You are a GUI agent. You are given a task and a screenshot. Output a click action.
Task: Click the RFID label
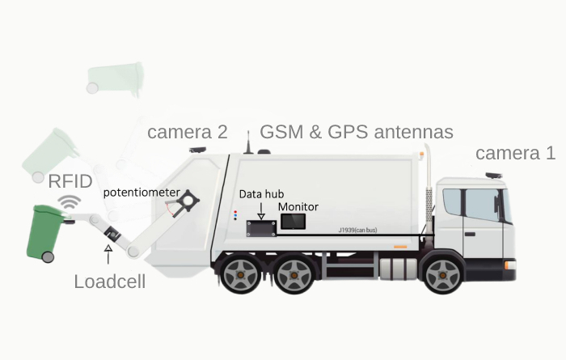click(x=70, y=181)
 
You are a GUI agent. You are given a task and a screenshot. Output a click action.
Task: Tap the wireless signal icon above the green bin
click(x=70, y=202)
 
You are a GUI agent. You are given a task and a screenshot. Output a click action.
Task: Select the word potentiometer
click(x=141, y=193)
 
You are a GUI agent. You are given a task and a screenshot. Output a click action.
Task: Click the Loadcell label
click(x=110, y=282)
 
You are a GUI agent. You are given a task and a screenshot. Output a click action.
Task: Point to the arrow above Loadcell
click(x=108, y=254)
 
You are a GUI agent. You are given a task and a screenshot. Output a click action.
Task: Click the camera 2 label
click(x=188, y=132)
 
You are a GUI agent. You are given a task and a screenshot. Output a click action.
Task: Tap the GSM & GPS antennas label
click(x=357, y=132)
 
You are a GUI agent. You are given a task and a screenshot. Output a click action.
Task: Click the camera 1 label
click(x=515, y=153)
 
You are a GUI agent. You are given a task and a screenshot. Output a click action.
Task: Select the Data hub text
click(x=261, y=194)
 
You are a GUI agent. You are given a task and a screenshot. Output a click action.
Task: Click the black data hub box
click(x=261, y=229)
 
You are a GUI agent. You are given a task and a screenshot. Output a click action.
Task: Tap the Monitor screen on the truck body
click(x=293, y=222)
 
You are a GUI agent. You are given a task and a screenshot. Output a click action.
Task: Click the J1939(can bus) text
click(x=357, y=230)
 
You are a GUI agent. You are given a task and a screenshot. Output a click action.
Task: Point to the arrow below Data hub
click(x=261, y=211)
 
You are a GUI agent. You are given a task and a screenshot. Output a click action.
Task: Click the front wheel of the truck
click(x=443, y=275)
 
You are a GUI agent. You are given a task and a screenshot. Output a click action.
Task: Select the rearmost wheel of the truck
click(x=240, y=275)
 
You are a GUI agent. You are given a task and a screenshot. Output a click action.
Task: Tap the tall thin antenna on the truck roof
click(x=248, y=142)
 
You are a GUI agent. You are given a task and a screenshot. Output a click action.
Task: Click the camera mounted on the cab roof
click(x=493, y=176)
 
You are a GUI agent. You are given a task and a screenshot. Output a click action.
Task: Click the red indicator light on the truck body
click(x=235, y=212)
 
